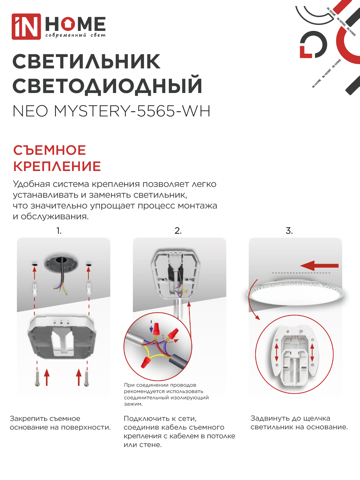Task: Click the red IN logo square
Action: click(26, 26)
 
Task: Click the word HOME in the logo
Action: click(75, 24)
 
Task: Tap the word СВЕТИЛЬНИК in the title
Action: click(86, 62)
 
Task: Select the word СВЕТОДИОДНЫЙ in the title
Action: click(107, 86)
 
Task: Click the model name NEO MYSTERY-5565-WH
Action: click(111, 111)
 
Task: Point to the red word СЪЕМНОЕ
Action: click(49, 150)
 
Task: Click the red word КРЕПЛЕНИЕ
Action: click(57, 166)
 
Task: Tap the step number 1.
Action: click(59, 231)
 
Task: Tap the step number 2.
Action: click(178, 231)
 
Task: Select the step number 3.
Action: click(289, 231)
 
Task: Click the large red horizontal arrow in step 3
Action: click(319, 265)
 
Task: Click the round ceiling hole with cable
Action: click(61, 264)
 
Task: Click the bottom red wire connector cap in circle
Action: click(146, 362)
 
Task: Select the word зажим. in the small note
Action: click(133, 404)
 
